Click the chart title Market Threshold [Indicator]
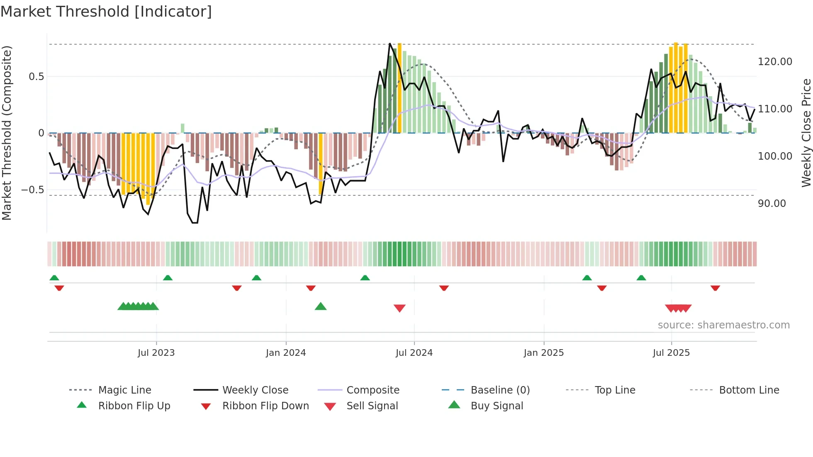point(106,12)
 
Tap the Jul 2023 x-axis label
point(156,353)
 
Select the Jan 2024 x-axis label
point(286,353)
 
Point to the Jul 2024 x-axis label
point(414,353)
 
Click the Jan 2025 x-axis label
point(543,353)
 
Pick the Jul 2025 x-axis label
point(671,353)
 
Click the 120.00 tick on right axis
point(775,62)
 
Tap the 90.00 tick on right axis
point(772,204)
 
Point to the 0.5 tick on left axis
point(36,77)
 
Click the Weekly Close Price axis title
point(806,133)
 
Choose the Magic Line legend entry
point(124,390)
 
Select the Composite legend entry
point(372,390)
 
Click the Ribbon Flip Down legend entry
point(265,406)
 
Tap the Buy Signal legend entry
point(497,406)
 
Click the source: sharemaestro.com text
point(723,325)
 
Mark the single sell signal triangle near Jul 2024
point(399,308)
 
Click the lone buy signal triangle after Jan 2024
point(321,306)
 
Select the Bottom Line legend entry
point(749,390)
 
